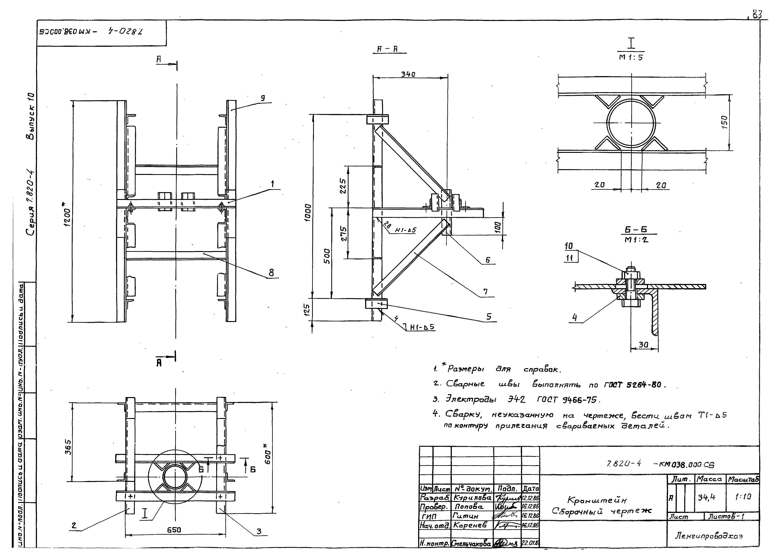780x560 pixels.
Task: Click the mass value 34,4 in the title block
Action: coord(707,497)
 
